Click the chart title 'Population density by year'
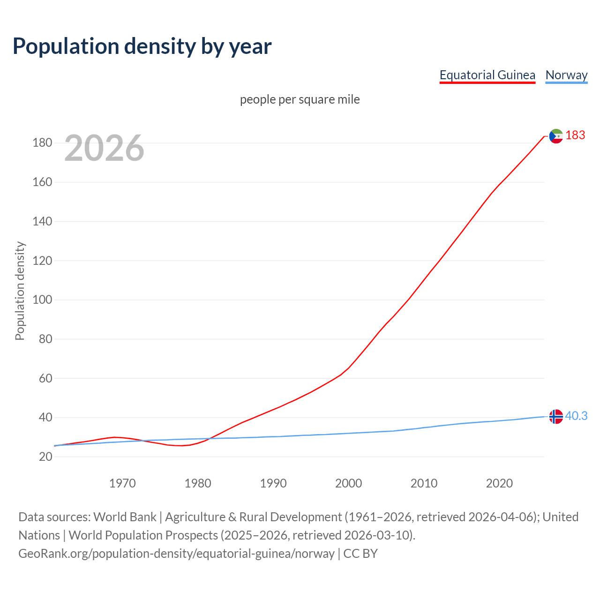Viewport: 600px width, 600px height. point(142,46)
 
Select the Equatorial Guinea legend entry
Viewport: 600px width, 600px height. point(487,75)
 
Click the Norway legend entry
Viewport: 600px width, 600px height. point(566,75)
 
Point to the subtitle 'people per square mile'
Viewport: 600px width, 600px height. point(300,99)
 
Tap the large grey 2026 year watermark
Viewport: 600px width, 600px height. point(104,148)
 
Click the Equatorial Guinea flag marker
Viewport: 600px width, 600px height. point(555,136)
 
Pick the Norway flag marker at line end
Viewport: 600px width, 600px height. point(555,416)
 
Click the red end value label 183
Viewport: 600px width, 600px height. point(575,135)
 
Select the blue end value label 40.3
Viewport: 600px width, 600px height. point(576,416)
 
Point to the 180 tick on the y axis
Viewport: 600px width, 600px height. point(42,142)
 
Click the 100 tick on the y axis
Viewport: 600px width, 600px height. point(42,300)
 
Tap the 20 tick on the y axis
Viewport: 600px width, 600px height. point(45,457)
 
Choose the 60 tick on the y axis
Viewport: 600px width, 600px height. point(45,378)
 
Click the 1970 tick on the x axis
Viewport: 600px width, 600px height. point(122,483)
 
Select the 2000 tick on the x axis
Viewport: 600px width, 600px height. point(348,483)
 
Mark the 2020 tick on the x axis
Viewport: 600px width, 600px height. point(499,483)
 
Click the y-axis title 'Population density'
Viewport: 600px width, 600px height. point(20,291)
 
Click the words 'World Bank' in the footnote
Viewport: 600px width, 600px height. point(125,517)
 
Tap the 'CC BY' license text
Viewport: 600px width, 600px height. point(360,553)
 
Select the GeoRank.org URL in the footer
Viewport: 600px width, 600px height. point(176,553)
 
